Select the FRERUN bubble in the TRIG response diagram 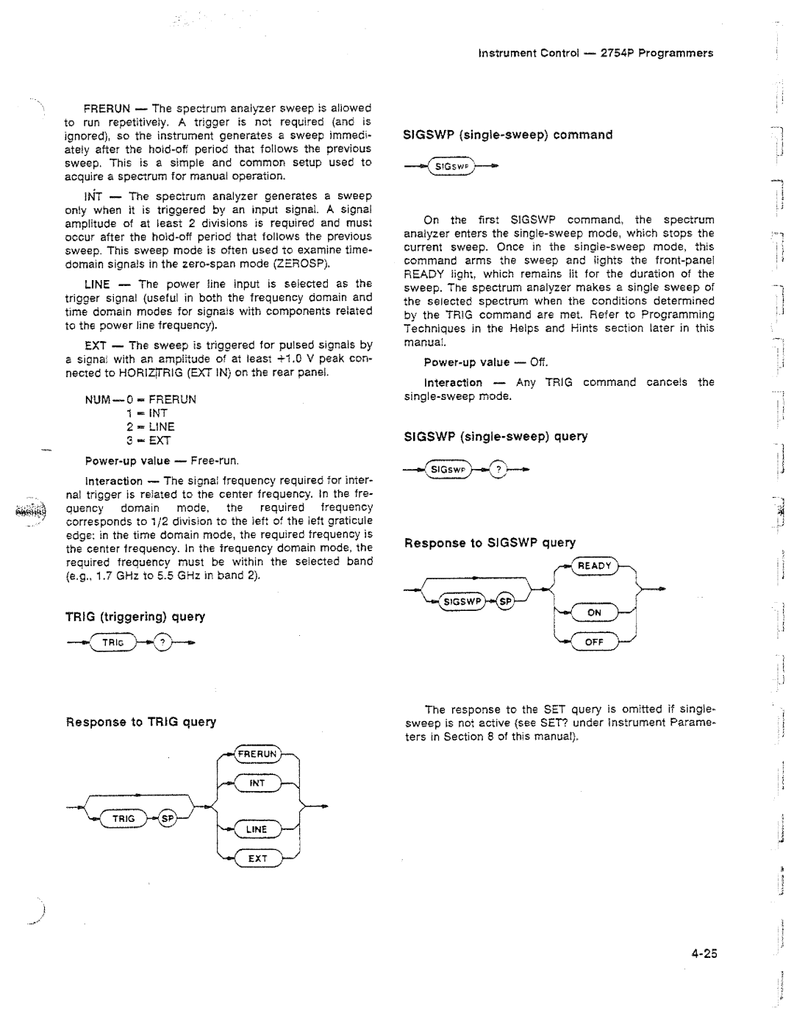[x=256, y=754]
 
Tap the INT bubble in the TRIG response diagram [x=257, y=783]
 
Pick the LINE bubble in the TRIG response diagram [x=257, y=829]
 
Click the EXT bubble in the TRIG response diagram [x=257, y=858]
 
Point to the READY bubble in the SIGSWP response [x=595, y=565]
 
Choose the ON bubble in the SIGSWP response [x=594, y=612]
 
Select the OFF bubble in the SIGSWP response [x=594, y=642]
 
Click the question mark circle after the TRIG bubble [x=165, y=642]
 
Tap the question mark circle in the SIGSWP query [x=499, y=468]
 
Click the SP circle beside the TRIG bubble [x=166, y=817]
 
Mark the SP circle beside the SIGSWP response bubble [x=504, y=602]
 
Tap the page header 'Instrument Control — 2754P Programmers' [x=595, y=53]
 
